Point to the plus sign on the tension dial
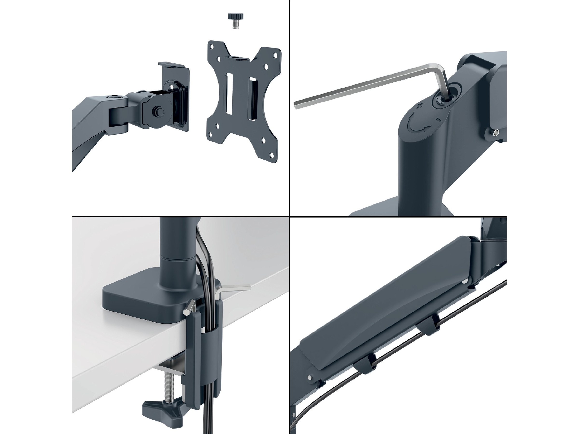pos(420,106)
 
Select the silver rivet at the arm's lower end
pos(310,378)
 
